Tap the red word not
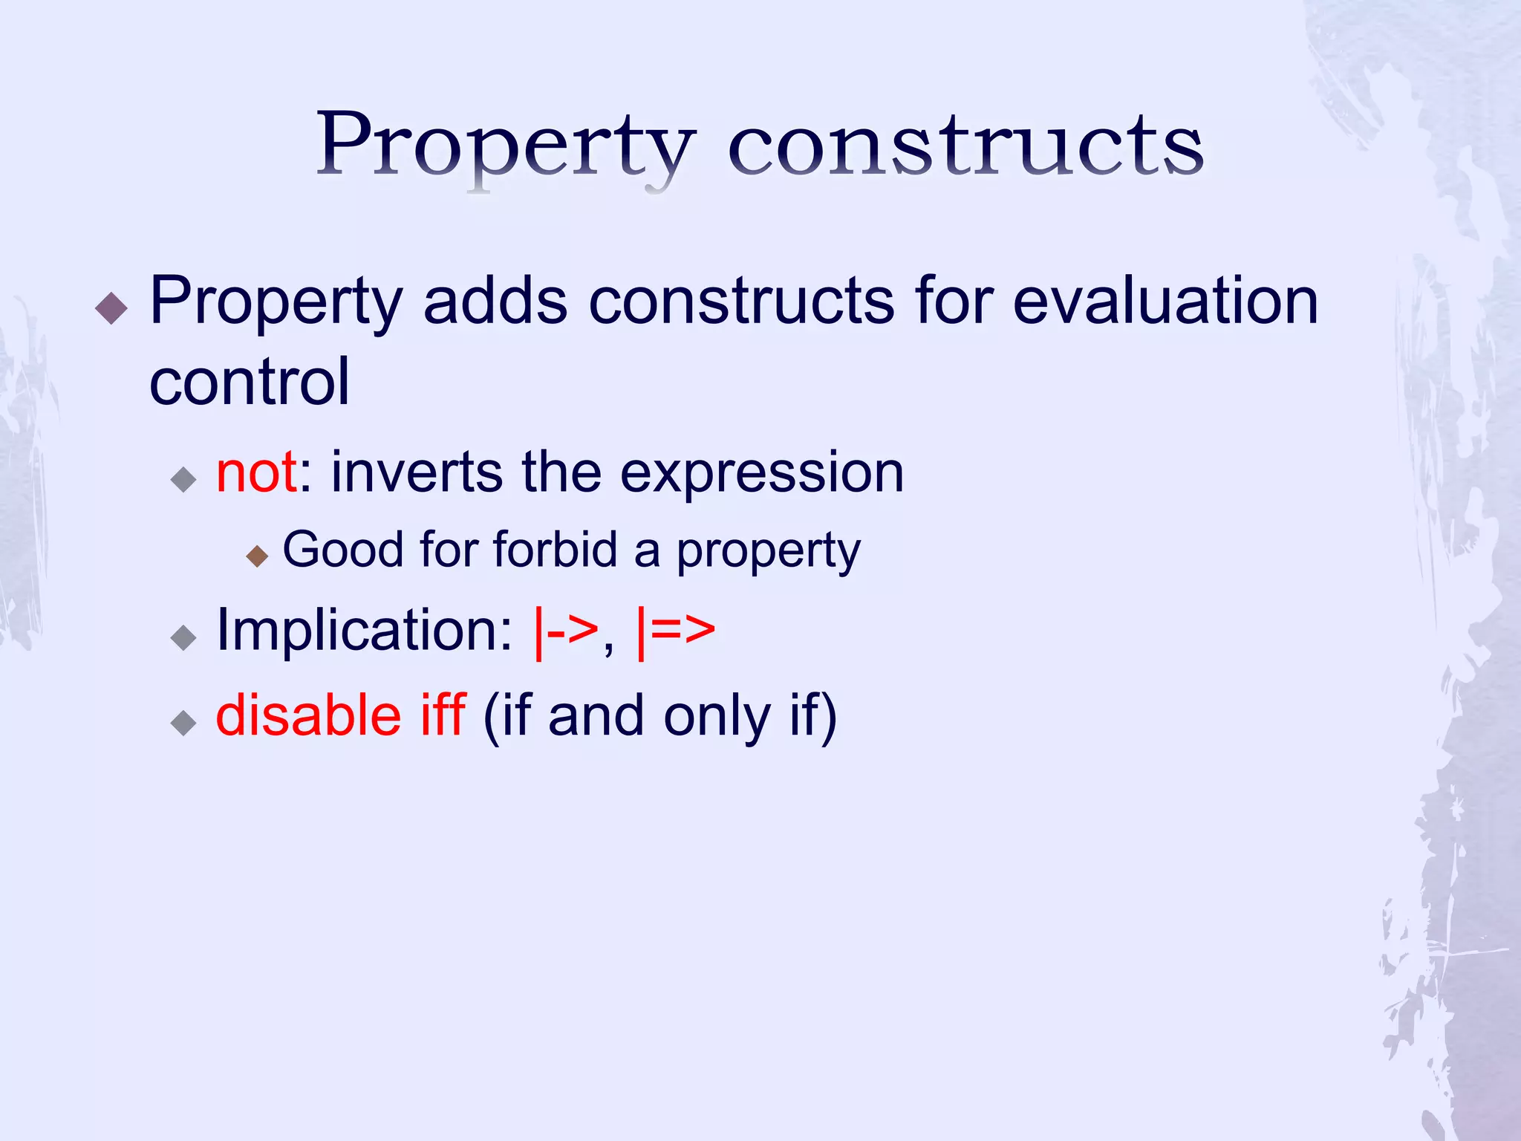pyautogui.click(x=256, y=472)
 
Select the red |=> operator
pyautogui.click(x=676, y=631)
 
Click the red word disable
pyautogui.click(x=308, y=715)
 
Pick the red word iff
pyautogui.click(x=443, y=715)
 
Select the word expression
pyautogui.click(x=761, y=472)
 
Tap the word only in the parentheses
pyautogui.click(x=717, y=716)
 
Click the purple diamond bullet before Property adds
pyautogui.click(x=112, y=308)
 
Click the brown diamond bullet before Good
pyautogui.click(x=257, y=556)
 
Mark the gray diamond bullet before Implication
pyautogui.click(x=183, y=637)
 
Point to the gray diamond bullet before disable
pyautogui.click(x=183, y=722)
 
